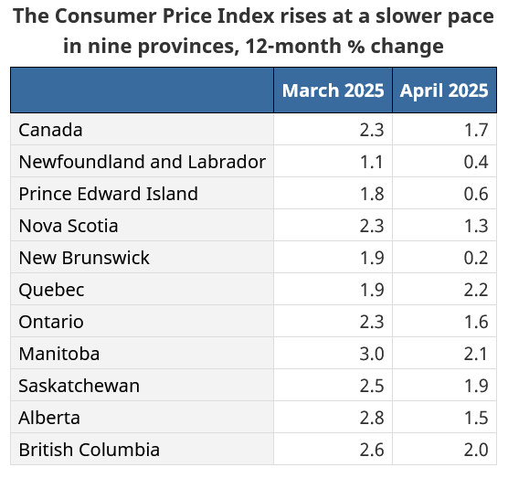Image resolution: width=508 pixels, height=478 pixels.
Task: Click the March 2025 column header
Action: pyautogui.click(x=333, y=90)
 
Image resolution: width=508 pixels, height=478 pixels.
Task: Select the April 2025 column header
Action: pyautogui.click(x=444, y=90)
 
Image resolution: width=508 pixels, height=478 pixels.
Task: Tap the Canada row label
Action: pyautogui.click(x=50, y=131)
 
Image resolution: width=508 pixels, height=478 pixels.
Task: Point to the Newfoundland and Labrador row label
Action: pyautogui.click(x=143, y=162)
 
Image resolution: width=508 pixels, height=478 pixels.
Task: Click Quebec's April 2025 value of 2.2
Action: pyautogui.click(x=476, y=290)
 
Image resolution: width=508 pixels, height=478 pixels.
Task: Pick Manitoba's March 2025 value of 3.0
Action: pyautogui.click(x=372, y=354)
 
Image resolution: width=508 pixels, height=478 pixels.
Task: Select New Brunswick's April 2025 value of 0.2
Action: pyautogui.click(x=476, y=258)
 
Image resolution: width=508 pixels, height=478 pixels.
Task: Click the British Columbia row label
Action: pyautogui.click(x=90, y=450)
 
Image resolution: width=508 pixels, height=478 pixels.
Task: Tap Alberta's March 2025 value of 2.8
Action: pyautogui.click(x=372, y=418)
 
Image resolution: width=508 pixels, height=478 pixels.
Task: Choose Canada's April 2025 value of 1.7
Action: pyautogui.click(x=476, y=131)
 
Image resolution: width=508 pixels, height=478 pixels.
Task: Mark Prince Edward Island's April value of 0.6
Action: pyautogui.click(x=476, y=194)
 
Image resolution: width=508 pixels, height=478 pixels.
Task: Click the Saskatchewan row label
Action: pyautogui.click(x=79, y=386)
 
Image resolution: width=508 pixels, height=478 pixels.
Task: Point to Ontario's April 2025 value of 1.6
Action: pyautogui.click(x=476, y=322)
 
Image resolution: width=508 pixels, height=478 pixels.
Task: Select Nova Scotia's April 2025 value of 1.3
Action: pyautogui.click(x=476, y=226)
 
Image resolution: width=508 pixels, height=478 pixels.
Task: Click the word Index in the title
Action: pyautogui.click(x=246, y=16)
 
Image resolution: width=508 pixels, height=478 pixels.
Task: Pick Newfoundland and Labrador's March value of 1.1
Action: pyautogui.click(x=372, y=162)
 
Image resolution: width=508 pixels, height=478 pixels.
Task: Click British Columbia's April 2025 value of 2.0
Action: pyautogui.click(x=476, y=451)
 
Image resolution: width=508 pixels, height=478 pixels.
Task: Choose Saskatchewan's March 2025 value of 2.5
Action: pyautogui.click(x=372, y=386)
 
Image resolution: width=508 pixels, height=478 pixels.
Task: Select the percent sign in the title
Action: pyautogui.click(x=356, y=46)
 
